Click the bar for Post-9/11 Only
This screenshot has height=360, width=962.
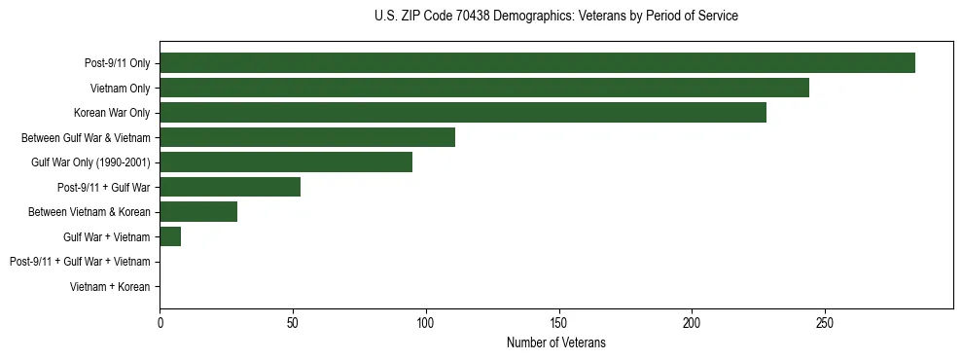(x=537, y=63)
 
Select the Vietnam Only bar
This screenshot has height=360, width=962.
(x=484, y=88)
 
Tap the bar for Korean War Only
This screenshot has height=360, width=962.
(x=463, y=113)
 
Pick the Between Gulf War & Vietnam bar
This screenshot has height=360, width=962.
(x=307, y=137)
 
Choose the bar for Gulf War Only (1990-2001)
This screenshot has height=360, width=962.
(x=286, y=162)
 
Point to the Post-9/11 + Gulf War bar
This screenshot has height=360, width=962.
(x=231, y=187)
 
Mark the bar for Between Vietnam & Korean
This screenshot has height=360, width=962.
(x=198, y=212)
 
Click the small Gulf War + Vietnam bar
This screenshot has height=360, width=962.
(x=170, y=236)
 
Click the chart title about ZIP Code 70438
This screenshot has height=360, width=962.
(x=555, y=17)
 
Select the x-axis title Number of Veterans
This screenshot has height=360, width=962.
(x=555, y=342)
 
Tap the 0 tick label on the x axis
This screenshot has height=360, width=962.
(x=160, y=322)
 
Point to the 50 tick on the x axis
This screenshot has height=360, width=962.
(x=293, y=322)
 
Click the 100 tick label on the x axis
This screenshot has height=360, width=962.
(x=426, y=322)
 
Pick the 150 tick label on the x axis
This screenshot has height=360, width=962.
(x=558, y=322)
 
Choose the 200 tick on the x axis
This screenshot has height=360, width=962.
(x=692, y=322)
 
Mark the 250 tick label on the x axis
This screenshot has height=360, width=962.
(x=824, y=322)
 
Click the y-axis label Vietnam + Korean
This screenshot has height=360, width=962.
(x=110, y=287)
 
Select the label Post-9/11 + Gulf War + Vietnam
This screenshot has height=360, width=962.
(x=80, y=262)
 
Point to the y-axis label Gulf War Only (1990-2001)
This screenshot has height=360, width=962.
(x=90, y=162)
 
